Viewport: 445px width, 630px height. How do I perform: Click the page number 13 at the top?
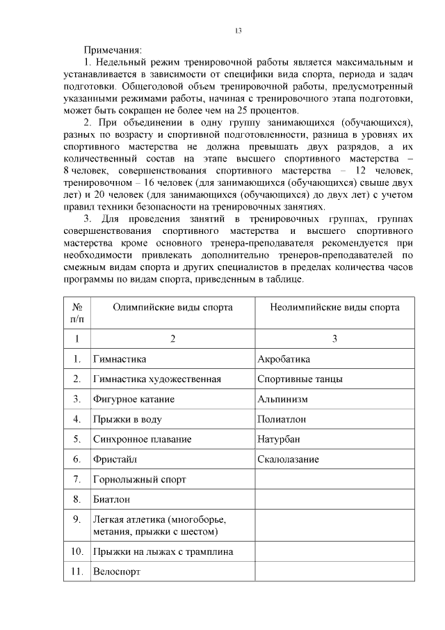pyautogui.click(x=238, y=30)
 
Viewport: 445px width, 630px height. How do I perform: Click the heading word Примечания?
pyautogui.click(x=113, y=50)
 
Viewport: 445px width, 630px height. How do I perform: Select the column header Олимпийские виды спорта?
pyautogui.click(x=163, y=306)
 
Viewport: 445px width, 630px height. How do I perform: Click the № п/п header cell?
pyautogui.click(x=76, y=313)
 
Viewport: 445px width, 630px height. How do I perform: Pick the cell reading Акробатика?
pyautogui.click(x=284, y=359)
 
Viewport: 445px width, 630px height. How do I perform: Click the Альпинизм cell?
pyautogui.click(x=282, y=400)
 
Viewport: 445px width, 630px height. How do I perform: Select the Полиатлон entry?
pyautogui.click(x=282, y=419)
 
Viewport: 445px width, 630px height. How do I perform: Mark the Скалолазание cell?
pyautogui.click(x=289, y=459)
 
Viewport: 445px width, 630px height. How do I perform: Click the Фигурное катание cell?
pyautogui.click(x=133, y=400)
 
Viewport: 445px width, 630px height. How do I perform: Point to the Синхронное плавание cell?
pyautogui.click(x=142, y=439)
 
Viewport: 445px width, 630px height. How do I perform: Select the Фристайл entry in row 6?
pyautogui.click(x=115, y=459)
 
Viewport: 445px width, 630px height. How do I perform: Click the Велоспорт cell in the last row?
pyautogui.click(x=116, y=571)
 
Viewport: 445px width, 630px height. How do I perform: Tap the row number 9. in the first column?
pyautogui.click(x=76, y=519)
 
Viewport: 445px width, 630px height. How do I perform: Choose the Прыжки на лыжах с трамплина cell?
pyautogui.click(x=163, y=551)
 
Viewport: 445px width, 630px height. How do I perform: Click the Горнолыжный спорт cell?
pyautogui.click(x=140, y=480)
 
